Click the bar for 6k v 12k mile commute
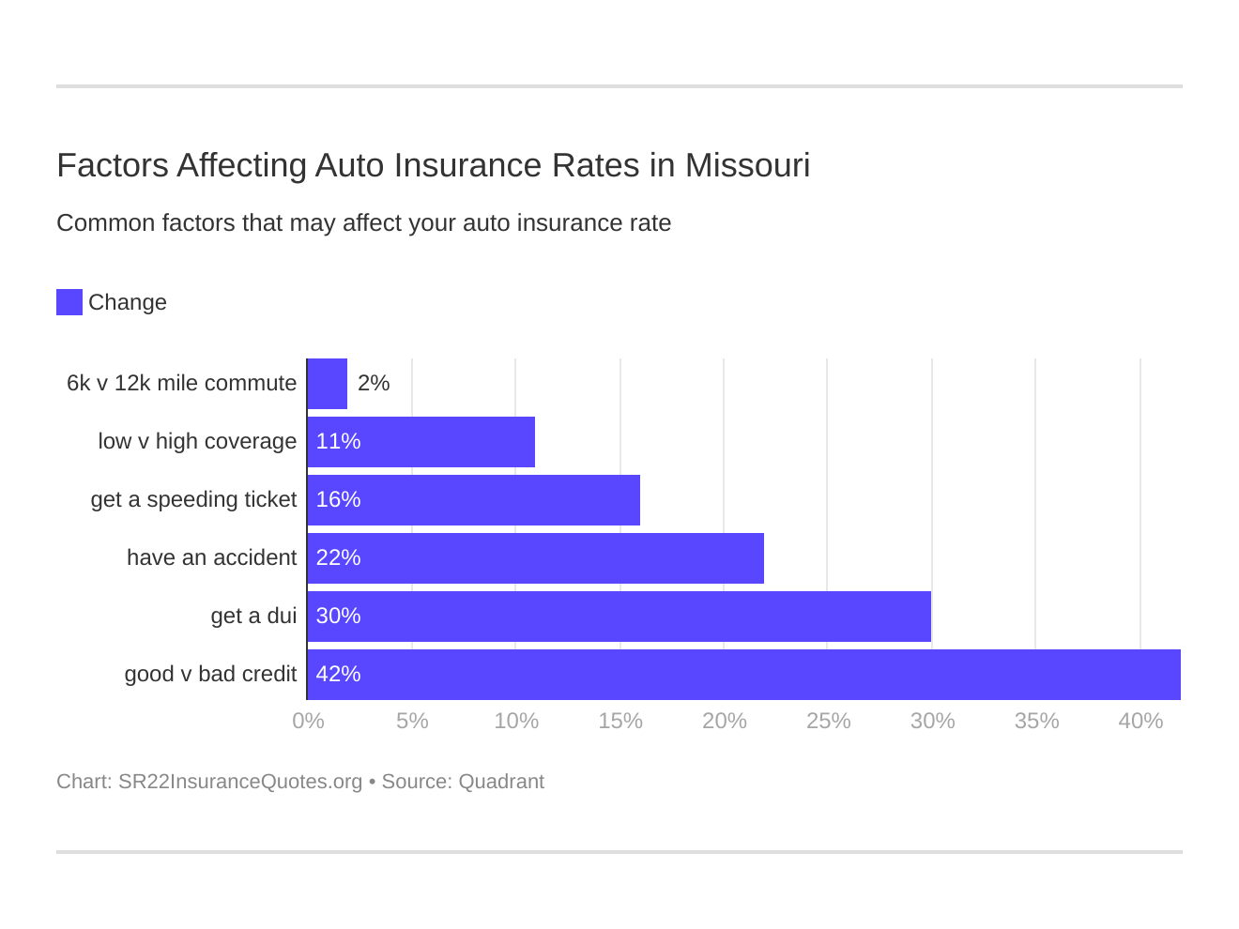(x=328, y=384)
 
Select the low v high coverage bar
(x=421, y=442)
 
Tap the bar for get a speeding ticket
(x=474, y=500)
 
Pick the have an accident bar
(x=536, y=558)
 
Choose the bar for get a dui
(x=619, y=617)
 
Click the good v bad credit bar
(x=743, y=675)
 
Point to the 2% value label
(x=374, y=383)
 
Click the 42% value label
(x=338, y=674)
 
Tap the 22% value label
(x=338, y=557)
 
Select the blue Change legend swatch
(x=69, y=302)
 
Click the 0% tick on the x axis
(x=308, y=721)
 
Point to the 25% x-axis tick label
(x=828, y=721)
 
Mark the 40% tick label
(x=1140, y=721)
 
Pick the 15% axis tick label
(x=620, y=721)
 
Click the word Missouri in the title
(x=747, y=165)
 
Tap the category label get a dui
(x=253, y=616)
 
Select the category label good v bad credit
(x=210, y=674)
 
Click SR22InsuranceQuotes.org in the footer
(x=240, y=782)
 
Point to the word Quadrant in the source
(x=501, y=782)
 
